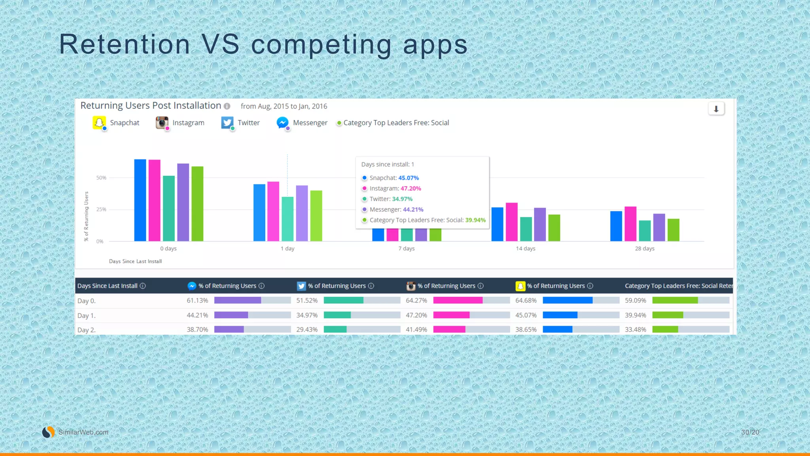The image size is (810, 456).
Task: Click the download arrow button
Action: [716, 109]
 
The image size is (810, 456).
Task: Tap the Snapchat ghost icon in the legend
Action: [99, 123]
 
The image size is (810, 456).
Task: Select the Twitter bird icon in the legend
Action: [227, 123]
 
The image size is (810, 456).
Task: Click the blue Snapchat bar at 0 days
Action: [140, 200]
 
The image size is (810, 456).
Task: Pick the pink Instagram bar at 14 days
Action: [511, 222]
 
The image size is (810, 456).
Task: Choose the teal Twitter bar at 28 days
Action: [645, 231]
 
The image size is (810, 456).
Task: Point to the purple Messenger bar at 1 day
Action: [302, 213]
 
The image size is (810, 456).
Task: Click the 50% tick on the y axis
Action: [101, 178]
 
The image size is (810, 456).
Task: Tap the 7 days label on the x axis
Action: [407, 249]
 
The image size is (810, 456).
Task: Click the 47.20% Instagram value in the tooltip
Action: [411, 188]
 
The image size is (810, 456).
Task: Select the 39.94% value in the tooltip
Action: [475, 220]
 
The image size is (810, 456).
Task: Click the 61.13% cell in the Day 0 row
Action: [197, 300]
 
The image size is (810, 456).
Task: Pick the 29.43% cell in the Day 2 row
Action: [307, 329]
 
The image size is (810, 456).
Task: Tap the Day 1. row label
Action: [87, 315]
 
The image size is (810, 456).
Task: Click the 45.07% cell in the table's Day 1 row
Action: [526, 315]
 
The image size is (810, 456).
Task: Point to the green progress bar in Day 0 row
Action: [675, 300]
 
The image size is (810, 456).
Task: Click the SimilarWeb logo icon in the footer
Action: [48, 432]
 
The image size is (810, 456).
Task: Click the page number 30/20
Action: [750, 432]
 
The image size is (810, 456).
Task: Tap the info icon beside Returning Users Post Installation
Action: [227, 106]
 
